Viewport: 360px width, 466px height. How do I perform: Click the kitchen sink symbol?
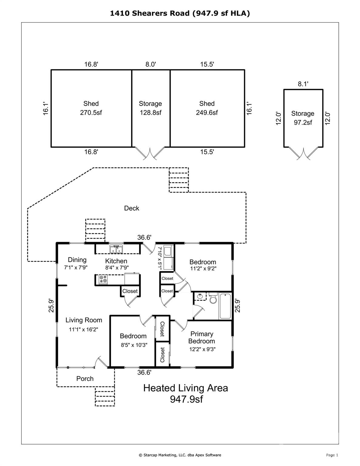(116, 249)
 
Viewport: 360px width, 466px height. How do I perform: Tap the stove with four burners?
(103, 279)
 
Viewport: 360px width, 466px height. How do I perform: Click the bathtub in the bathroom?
(225, 306)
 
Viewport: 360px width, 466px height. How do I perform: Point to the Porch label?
(85, 379)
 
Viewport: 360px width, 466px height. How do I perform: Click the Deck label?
(132, 208)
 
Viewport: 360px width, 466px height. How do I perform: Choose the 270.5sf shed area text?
(91, 113)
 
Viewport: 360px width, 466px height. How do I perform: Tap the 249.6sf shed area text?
(207, 113)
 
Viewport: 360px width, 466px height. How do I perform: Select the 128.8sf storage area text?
(151, 113)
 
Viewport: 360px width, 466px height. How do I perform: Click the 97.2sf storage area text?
(303, 123)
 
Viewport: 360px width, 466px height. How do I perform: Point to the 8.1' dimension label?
(303, 84)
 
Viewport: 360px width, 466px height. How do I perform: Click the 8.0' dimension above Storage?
(151, 64)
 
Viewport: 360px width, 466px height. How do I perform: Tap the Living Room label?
(84, 320)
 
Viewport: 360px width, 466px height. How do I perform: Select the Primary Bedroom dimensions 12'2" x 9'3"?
(202, 349)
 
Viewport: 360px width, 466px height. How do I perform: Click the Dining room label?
(77, 260)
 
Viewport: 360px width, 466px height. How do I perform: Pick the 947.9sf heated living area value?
(186, 399)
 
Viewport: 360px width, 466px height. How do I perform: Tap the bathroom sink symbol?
(200, 296)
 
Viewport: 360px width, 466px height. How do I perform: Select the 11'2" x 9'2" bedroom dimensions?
(204, 268)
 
